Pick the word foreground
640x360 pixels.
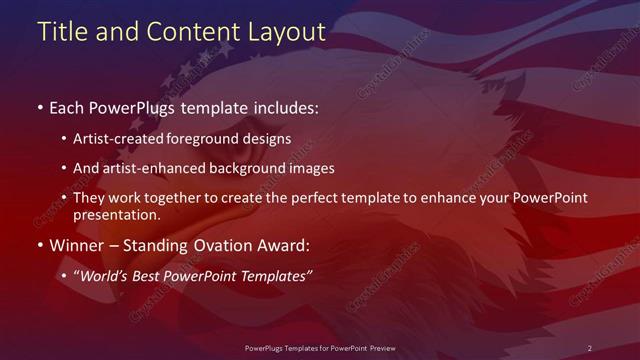[214, 139]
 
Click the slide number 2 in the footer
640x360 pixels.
[589, 347]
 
